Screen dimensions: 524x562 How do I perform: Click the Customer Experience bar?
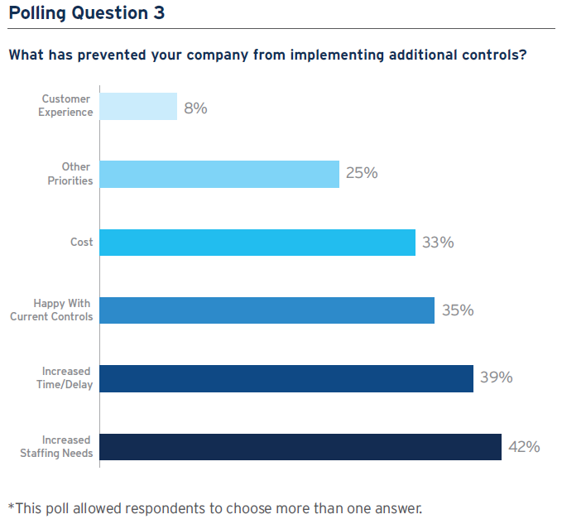coord(138,106)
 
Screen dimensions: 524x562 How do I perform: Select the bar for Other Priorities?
coord(219,174)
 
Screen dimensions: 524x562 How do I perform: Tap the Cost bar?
coord(257,243)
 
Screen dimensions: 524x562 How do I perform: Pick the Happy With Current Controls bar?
coord(267,310)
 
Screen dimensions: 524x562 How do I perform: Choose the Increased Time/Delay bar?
coord(286,378)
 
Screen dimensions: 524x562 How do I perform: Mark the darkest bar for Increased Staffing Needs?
coord(300,446)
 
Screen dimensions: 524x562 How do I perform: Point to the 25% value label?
coord(362,174)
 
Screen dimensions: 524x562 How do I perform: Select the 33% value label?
coord(438,243)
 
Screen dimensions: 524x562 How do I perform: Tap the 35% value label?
coord(457,310)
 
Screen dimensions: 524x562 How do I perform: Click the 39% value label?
coord(496,378)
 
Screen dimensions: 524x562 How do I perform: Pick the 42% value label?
coord(524,447)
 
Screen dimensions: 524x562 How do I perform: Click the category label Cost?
coord(81,243)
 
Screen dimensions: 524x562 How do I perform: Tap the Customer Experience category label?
coord(66,106)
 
